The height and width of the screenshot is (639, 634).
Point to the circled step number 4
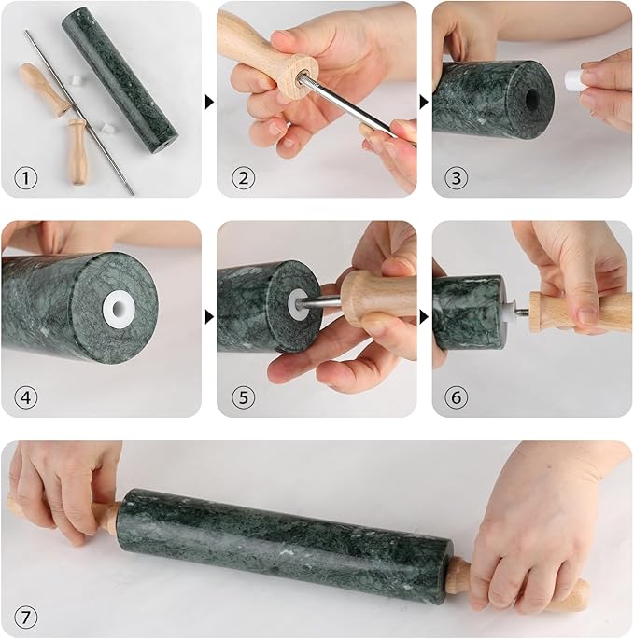click(x=27, y=396)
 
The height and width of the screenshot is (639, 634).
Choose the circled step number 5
click(x=243, y=396)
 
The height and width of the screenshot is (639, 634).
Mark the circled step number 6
click(x=457, y=396)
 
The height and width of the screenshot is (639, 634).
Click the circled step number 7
click(x=27, y=617)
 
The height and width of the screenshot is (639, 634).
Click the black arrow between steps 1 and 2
click(x=209, y=100)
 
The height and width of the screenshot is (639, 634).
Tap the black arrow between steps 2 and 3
click(x=424, y=100)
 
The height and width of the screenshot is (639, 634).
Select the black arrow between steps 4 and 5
click(x=209, y=318)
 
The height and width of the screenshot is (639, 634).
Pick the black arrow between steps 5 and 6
click(x=424, y=318)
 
